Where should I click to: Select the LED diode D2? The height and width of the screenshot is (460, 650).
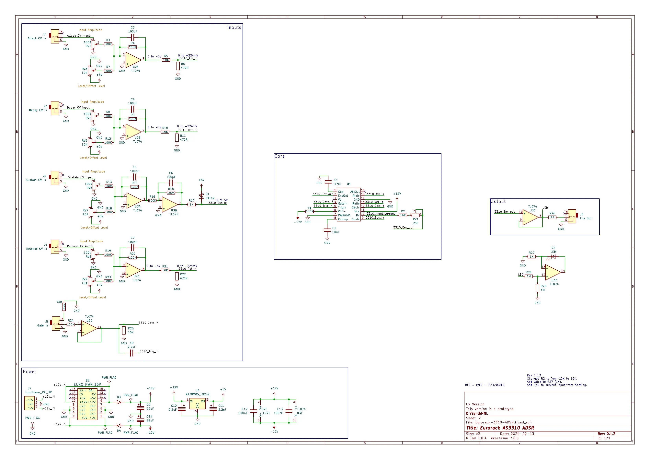tap(553, 257)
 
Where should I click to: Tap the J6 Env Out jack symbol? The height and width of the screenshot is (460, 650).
tap(572, 216)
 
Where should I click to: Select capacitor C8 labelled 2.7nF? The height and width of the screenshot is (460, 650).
tap(131, 353)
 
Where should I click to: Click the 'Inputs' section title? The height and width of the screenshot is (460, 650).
tap(234, 28)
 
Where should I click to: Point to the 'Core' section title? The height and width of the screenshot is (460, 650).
tap(279, 156)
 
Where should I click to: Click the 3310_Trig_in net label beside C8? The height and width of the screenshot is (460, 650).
tap(149, 351)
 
